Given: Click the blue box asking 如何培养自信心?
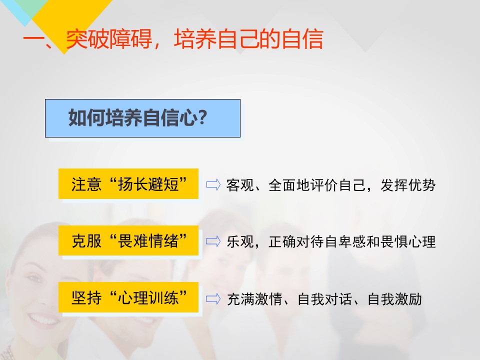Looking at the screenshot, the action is tap(142, 118).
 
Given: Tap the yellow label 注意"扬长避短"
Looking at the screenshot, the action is tap(128, 183).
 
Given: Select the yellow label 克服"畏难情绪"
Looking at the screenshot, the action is tap(128, 240).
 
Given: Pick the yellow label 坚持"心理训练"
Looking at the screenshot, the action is tap(128, 297).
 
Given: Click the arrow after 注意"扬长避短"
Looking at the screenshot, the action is tap(213, 184).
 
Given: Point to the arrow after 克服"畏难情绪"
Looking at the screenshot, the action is tap(213, 241).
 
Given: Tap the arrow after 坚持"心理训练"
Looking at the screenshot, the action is tap(213, 299).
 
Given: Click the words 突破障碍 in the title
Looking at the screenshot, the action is tap(109, 39).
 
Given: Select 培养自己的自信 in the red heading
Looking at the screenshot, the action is tap(248, 39).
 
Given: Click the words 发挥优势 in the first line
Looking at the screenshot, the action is tap(408, 185).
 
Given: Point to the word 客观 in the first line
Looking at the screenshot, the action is tap(240, 185).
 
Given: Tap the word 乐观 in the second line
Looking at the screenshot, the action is tap(240, 242).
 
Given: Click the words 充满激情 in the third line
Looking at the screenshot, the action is tap(254, 299).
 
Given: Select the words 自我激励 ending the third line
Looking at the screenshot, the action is tap(394, 299).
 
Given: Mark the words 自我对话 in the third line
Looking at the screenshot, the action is tap(324, 299).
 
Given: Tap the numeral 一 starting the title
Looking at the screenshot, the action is tap(33, 40).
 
